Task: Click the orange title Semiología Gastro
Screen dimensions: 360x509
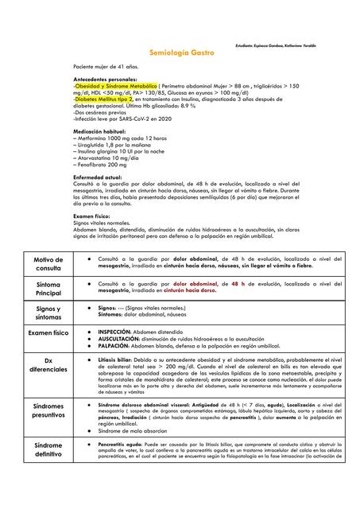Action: pyautogui.click(x=179, y=51)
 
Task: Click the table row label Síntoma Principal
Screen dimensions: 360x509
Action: pyautogui.click(x=48, y=287)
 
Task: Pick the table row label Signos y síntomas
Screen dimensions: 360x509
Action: pyautogui.click(x=48, y=312)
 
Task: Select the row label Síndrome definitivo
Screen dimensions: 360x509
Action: pyautogui.click(x=48, y=450)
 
